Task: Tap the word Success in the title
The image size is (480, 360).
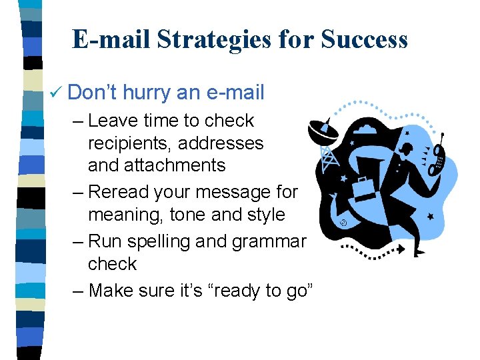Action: click(364, 40)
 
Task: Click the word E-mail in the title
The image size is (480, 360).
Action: click(111, 40)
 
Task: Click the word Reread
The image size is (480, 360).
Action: click(118, 192)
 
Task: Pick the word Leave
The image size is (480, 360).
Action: click(111, 121)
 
